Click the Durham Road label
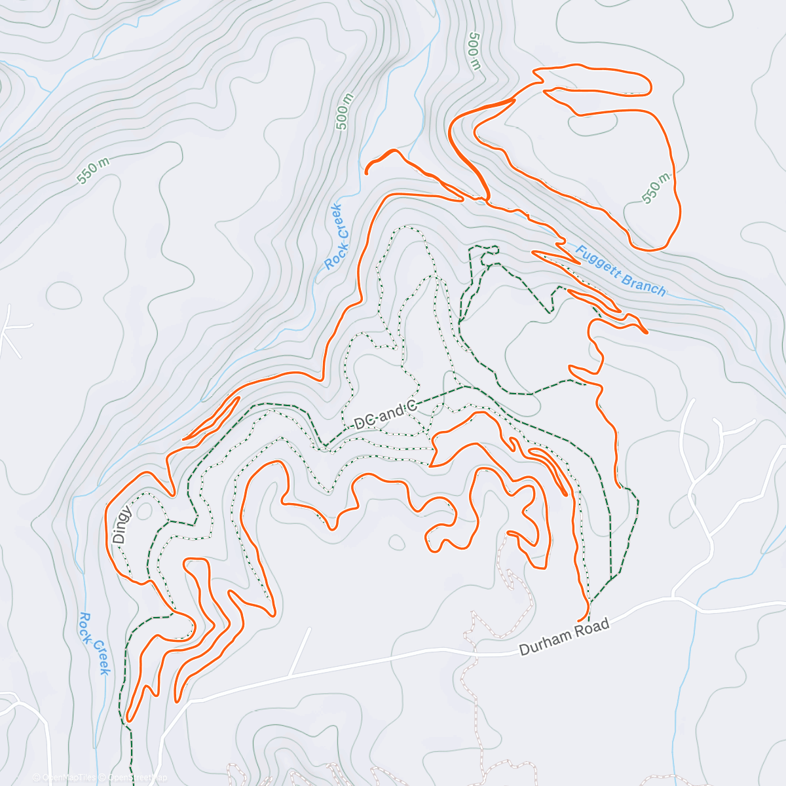564,637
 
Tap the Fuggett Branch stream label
621,270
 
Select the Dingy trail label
122,525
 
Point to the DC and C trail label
385,415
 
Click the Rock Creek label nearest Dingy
94,643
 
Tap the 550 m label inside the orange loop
656,189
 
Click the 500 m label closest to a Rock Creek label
344,111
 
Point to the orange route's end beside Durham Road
579,620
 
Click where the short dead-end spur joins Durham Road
290,676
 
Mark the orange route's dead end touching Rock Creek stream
366,173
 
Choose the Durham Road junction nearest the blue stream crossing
673,597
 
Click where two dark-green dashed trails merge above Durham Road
611,579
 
